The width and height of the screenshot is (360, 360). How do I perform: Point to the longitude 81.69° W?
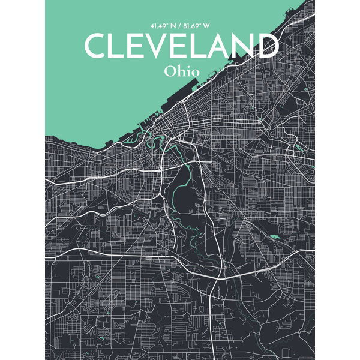(199, 26)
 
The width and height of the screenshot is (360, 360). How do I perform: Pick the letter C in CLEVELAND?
(96, 46)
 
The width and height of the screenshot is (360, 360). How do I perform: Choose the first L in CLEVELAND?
(119, 46)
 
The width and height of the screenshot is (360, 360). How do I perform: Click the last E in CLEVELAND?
(180, 46)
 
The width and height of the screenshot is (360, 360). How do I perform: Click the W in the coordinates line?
(208, 26)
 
